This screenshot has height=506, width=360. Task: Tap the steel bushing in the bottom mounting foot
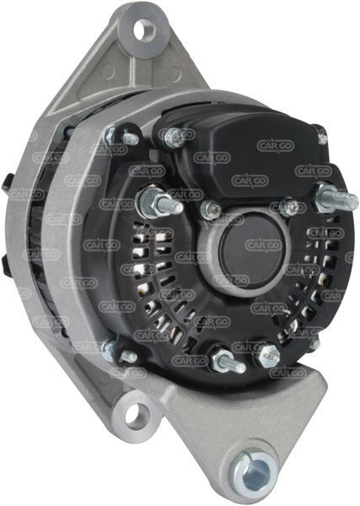coord(255,471)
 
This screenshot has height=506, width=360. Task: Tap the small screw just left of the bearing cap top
coord(211,209)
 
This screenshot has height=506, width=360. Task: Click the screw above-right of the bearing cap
coord(289,207)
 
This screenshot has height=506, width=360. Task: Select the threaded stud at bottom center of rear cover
coord(227,361)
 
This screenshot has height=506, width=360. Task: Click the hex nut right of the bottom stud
coord(269,355)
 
